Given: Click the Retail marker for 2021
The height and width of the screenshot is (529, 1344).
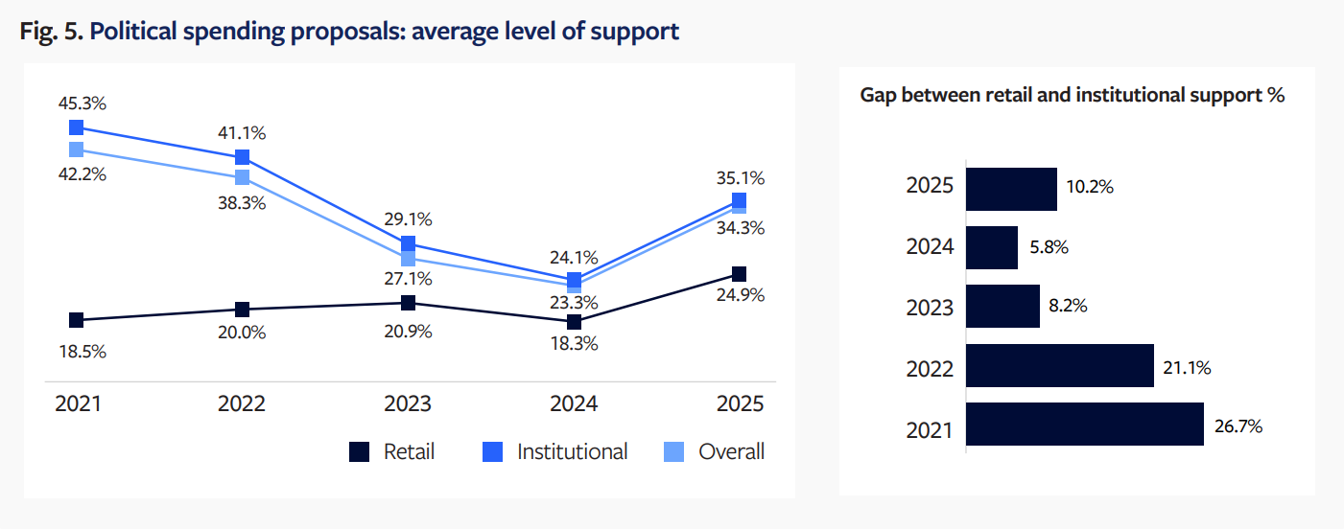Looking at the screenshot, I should (x=77, y=320).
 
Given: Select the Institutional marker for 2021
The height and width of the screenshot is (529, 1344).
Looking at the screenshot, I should (x=77, y=127).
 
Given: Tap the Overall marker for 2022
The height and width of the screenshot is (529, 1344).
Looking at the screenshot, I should (x=243, y=177).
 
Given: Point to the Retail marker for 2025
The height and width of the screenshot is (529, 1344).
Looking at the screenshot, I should (x=739, y=274).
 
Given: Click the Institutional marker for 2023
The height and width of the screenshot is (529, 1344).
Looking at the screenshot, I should (x=408, y=243).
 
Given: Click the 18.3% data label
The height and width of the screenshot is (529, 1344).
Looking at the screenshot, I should (x=573, y=343).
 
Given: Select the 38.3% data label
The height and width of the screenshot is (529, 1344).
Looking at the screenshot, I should (x=242, y=203).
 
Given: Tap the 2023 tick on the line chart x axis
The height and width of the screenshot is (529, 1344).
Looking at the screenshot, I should (x=408, y=403).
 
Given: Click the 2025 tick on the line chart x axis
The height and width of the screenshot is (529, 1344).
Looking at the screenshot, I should (x=739, y=403).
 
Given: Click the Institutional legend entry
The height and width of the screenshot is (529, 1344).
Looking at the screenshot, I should (x=556, y=452).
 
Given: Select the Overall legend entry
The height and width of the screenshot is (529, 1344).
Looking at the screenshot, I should (x=715, y=452).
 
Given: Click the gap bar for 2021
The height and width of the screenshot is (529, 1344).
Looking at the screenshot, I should (x=1084, y=425).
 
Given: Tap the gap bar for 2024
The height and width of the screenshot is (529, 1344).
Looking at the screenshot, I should (x=991, y=247).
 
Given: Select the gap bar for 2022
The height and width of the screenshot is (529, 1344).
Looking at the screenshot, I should (x=1059, y=365).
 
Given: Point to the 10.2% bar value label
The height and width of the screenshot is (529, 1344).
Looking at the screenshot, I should (x=1090, y=188).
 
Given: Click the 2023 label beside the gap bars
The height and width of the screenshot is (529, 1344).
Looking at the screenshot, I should (x=930, y=308).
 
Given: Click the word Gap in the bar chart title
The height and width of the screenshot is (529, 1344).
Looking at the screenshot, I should (x=879, y=96).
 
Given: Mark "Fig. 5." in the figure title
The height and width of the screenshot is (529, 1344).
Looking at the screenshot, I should (x=50, y=31).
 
